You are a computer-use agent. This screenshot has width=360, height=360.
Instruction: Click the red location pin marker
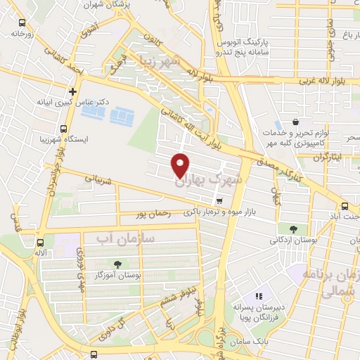[x=181, y=165]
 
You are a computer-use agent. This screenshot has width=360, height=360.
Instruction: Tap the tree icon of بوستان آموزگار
[x=117, y=264]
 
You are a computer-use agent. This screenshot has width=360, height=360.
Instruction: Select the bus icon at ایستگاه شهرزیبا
[x=64, y=129]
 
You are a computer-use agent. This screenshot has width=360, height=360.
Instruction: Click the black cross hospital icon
[x=72, y=91]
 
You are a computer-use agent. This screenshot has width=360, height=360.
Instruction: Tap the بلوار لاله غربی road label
[x=328, y=80]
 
